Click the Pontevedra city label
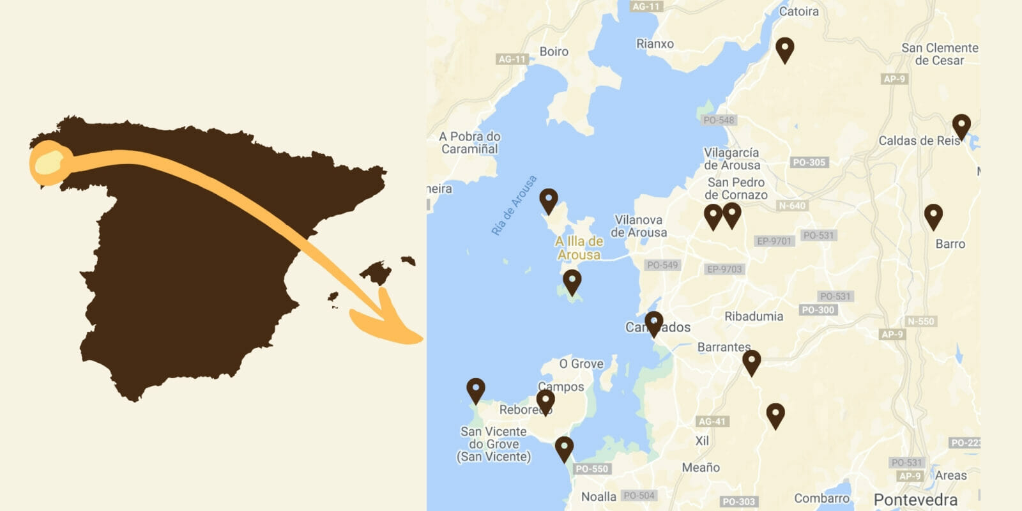915,500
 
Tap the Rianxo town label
655,43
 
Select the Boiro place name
554,51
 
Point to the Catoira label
798,11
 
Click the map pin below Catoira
785,49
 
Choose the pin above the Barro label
933,215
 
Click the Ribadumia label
754,316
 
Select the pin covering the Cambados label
653,323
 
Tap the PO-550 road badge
591,469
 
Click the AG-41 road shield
712,422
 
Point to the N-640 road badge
792,206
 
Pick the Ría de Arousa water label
514,206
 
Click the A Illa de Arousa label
579,248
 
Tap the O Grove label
581,363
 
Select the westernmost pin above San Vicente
476,389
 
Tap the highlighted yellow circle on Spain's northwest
49,162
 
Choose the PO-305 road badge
809,162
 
